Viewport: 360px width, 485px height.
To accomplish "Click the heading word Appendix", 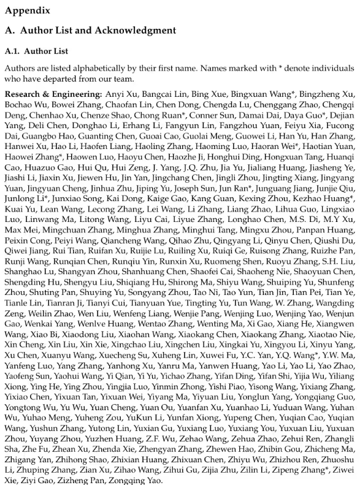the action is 28,10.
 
